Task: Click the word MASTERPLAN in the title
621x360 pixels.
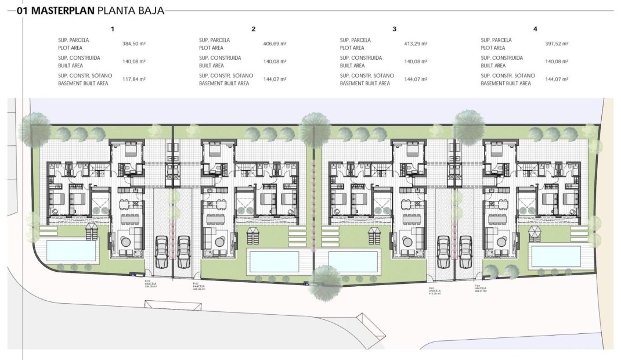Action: pyautogui.click(x=62, y=10)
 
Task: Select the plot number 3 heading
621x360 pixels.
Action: pyautogui.click(x=395, y=28)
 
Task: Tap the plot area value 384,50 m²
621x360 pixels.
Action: pyautogui.click(x=134, y=44)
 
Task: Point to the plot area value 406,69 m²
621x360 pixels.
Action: pyautogui.click(x=275, y=44)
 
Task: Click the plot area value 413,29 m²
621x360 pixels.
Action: pyautogui.click(x=416, y=44)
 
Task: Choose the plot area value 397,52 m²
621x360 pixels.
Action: pyautogui.click(x=557, y=44)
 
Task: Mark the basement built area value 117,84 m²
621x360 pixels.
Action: pyautogui.click(x=134, y=79)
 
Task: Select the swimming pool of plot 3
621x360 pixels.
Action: pyautogui.click(x=352, y=261)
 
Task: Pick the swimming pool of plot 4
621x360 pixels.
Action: pyautogui.click(x=556, y=255)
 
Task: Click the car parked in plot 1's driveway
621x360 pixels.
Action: pyautogui.click(x=163, y=250)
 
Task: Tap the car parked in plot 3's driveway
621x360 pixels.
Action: pyautogui.click(x=444, y=250)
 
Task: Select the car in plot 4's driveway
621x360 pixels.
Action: pyautogui.click(x=465, y=250)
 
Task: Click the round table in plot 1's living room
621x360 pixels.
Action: pyautogui.click(x=125, y=239)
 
